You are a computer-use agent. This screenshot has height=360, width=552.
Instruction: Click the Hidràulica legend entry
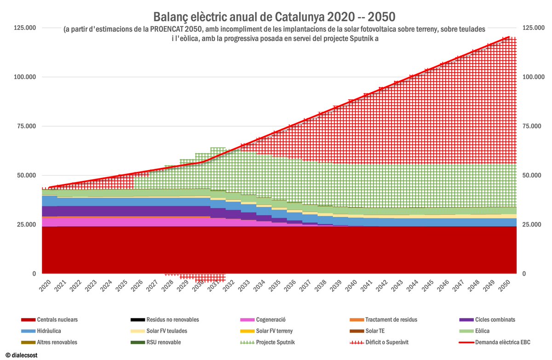(x=48, y=331)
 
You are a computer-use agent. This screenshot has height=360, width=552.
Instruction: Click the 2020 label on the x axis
(x=45, y=286)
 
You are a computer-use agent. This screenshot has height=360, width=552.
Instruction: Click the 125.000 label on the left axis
(x=25, y=28)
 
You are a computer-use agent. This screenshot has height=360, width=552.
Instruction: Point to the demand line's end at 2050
(x=508, y=37)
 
